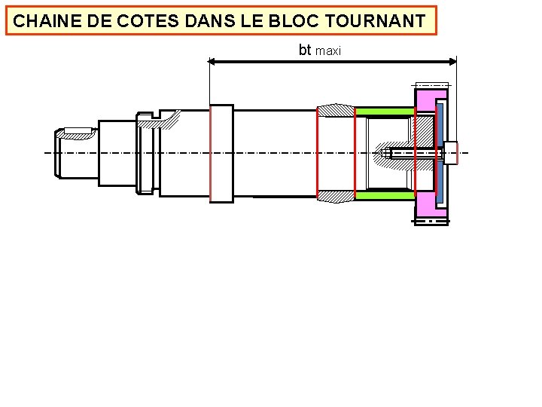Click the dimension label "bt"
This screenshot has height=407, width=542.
tap(305, 50)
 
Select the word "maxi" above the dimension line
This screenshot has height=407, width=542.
tap(328, 51)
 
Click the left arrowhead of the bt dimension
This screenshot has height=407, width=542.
tap(213, 62)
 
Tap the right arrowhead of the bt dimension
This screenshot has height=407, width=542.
tap(452, 62)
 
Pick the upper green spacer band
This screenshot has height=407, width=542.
tap(384, 112)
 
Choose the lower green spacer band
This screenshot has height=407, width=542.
tap(384, 195)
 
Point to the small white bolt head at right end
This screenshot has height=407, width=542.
tap(451, 153)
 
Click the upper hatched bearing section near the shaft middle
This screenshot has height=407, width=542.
tap(336, 111)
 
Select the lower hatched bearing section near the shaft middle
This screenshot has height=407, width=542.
tap(336, 196)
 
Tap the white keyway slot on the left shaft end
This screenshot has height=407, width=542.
tap(78, 132)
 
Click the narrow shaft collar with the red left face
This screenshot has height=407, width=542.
tap(221, 153)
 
